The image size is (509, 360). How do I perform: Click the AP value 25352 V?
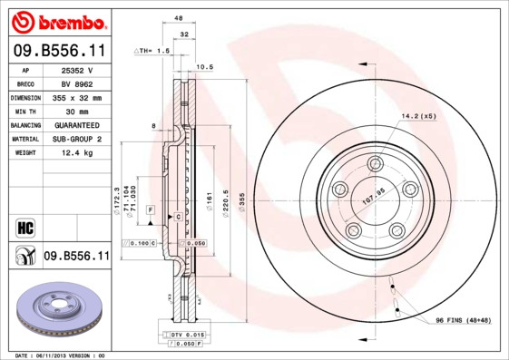pos(77,70)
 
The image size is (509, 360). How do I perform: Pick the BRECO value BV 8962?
pos(78,83)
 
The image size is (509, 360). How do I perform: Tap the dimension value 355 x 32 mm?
pos(78,97)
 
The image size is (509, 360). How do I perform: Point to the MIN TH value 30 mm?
pos(78,111)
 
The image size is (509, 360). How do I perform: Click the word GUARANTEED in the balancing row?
pos(78,124)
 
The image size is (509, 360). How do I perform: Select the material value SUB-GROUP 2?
pos(78,139)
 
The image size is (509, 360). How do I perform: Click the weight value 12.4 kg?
pos(78,153)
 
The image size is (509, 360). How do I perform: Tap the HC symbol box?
pos(25,226)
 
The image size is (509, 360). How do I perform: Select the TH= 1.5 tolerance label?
pos(152,52)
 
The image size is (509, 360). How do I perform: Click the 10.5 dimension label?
pos(205,66)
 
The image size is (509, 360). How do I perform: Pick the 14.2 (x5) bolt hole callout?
pos(419,116)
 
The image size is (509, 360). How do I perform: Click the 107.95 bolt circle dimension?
pos(375,191)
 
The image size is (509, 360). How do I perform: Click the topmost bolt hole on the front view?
pos(375,163)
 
